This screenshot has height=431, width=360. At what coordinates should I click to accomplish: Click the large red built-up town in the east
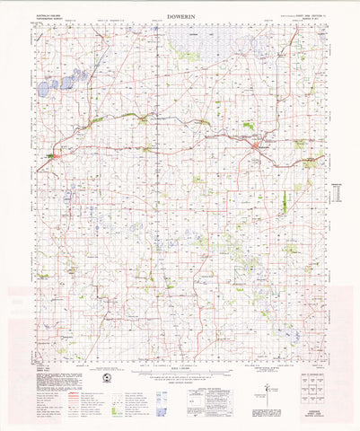(257, 143)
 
